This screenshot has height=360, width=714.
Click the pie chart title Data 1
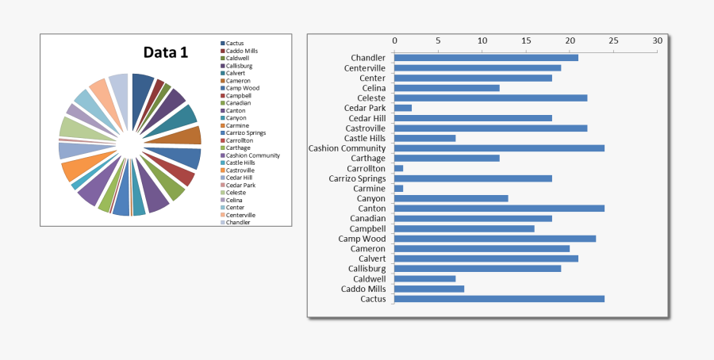click(x=165, y=53)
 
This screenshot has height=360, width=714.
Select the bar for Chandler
click(x=486, y=57)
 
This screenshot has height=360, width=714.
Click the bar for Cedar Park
click(x=403, y=108)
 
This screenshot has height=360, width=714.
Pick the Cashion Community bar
click(x=499, y=148)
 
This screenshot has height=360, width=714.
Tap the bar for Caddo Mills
click(x=429, y=289)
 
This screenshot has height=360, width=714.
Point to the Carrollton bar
click(x=399, y=168)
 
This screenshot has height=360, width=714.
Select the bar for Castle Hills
click(x=424, y=138)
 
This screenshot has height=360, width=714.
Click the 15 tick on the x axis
click(x=526, y=40)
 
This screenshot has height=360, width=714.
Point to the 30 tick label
click(x=657, y=40)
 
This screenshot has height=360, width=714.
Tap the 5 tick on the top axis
click(x=438, y=40)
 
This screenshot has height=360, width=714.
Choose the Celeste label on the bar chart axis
click(x=371, y=98)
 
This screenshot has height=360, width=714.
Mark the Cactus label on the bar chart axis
click(x=373, y=299)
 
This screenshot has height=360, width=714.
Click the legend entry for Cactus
click(x=235, y=43)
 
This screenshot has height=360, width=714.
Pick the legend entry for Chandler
click(x=238, y=222)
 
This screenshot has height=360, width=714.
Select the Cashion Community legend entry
click(x=252, y=155)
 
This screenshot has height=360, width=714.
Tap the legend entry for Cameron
click(x=238, y=80)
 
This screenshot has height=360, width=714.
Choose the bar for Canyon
click(x=451, y=198)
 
